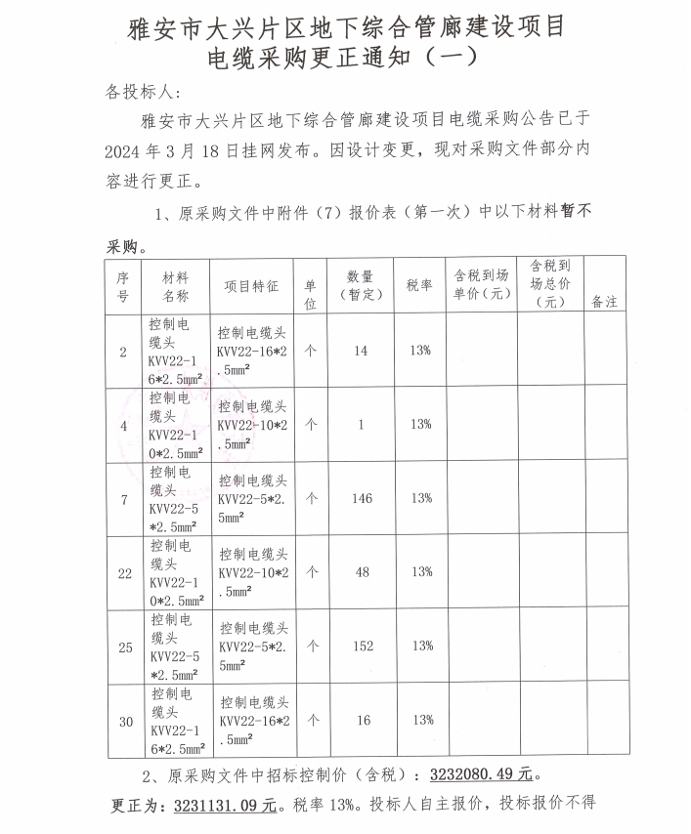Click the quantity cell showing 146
362,498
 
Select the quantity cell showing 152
362,646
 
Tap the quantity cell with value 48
362,572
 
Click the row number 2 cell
123,351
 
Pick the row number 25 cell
124,646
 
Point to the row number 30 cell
124,722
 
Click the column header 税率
420,285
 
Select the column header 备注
605,302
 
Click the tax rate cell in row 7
421,498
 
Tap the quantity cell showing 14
362,351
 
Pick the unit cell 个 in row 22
311,572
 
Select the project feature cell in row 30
253,721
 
